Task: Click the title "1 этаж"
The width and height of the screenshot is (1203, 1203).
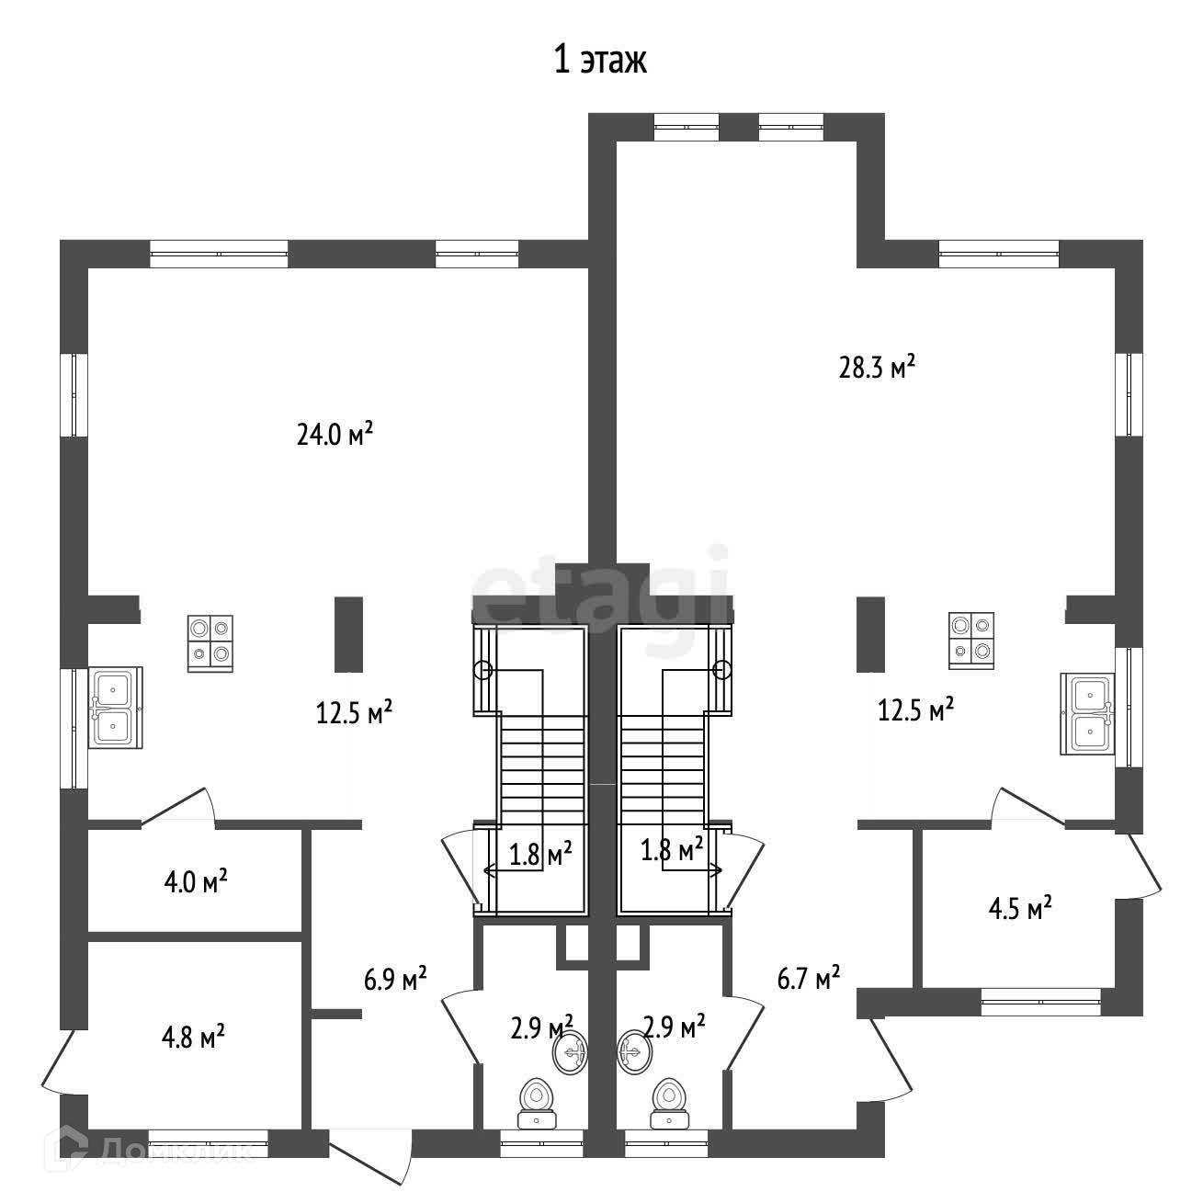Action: point(600,60)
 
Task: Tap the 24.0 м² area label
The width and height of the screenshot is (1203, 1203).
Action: point(335,434)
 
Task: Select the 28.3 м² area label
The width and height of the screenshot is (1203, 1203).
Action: point(877,368)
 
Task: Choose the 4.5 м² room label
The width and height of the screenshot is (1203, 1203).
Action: point(1019,909)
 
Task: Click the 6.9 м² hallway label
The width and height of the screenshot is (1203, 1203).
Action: point(395,979)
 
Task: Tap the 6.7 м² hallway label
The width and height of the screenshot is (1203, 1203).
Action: point(809,978)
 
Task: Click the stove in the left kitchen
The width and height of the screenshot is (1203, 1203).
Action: point(210,642)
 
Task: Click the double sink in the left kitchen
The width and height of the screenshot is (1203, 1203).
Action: point(114,709)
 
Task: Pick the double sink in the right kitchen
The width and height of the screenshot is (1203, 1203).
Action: point(1088,713)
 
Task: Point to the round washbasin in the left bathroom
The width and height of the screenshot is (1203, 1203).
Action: point(572,1051)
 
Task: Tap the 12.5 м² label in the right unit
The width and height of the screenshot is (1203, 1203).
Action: point(915,710)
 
